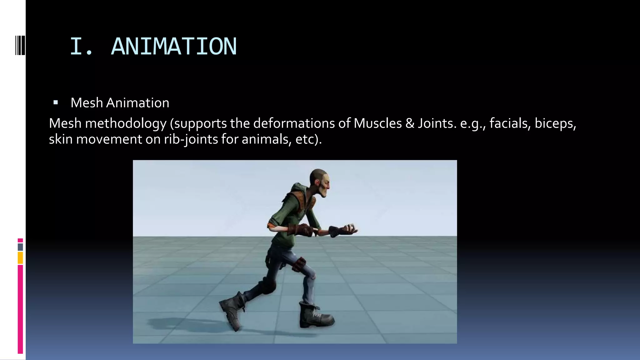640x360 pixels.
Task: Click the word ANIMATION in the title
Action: click(174, 47)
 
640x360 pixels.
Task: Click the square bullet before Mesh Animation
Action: click(56, 102)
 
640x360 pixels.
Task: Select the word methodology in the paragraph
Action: click(126, 123)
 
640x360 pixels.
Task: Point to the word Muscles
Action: click(377, 123)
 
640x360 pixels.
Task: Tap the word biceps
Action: click(555, 123)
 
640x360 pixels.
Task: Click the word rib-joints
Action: click(191, 139)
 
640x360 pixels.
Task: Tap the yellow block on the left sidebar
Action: click(20, 258)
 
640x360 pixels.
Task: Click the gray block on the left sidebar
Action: click(20, 247)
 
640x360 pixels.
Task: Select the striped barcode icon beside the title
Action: click(20, 46)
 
